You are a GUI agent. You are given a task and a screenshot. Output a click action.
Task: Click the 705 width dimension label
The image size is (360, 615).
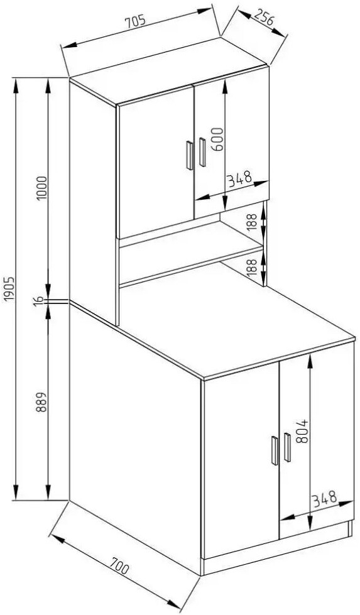click(x=136, y=22)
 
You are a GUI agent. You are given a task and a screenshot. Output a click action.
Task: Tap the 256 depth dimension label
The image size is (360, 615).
click(x=263, y=18)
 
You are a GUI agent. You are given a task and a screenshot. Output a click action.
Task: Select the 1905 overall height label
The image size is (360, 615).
click(x=9, y=290)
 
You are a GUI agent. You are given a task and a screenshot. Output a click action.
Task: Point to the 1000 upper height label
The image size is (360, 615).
click(x=41, y=188)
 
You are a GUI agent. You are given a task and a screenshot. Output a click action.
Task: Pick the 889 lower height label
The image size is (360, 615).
click(x=41, y=402)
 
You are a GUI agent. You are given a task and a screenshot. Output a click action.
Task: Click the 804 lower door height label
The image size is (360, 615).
click(x=302, y=432)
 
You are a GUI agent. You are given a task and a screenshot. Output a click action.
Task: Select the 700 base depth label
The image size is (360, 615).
click(x=119, y=566)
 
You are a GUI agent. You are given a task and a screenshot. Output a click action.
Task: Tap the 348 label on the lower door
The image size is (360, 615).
click(x=325, y=499)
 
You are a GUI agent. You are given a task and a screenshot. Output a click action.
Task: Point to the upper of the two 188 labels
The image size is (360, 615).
click(x=253, y=222)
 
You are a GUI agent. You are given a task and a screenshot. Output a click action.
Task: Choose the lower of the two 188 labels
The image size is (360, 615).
click(x=254, y=267)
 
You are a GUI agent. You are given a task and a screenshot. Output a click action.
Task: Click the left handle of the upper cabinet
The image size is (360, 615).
click(x=189, y=155)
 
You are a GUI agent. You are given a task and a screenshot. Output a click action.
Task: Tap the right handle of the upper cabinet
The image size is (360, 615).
click(x=202, y=152)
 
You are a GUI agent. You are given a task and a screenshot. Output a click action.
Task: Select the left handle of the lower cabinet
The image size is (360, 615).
click(x=275, y=450)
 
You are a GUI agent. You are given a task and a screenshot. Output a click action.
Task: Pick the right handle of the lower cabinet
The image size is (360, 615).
click(x=288, y=447)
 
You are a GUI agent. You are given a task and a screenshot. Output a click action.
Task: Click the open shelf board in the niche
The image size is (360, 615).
click(x=191, y=244)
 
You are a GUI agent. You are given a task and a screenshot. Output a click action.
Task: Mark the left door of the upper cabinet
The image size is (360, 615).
click(x=156, y=161)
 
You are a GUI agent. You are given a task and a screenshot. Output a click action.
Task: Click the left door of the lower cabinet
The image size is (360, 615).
click(x=241, y=459)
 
